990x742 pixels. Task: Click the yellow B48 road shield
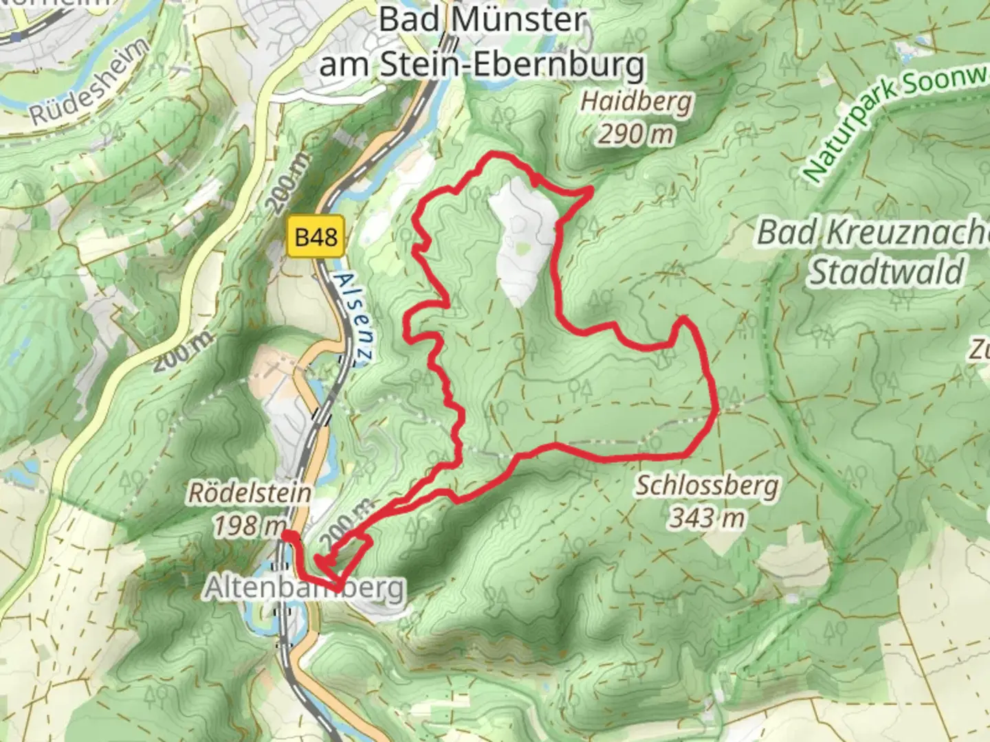pyautogui.click(x=316, y=238)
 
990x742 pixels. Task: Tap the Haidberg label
pyautogui.click(x=636, y=102)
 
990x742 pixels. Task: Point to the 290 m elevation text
pyautogui.click(x=635, y=135)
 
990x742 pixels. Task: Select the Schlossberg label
pyautogui.click(x=707, y=486)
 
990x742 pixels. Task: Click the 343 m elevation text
pyautogui.click(x=707, y=517)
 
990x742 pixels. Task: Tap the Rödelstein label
pyautogui.click(x=249, y=493)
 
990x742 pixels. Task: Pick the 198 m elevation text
pyautogui.click(x=247, y=526)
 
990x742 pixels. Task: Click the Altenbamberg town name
pyautogui.click(x=305, y=588)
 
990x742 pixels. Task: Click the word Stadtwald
pyautogui.click(x=885, y=272)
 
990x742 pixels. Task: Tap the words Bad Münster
pyautogui.click(x=482, y=19)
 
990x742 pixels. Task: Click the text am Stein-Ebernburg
pyautogui.click(x=483, y=65)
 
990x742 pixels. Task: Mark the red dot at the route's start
pyautogui.click(x=289, y=536)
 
